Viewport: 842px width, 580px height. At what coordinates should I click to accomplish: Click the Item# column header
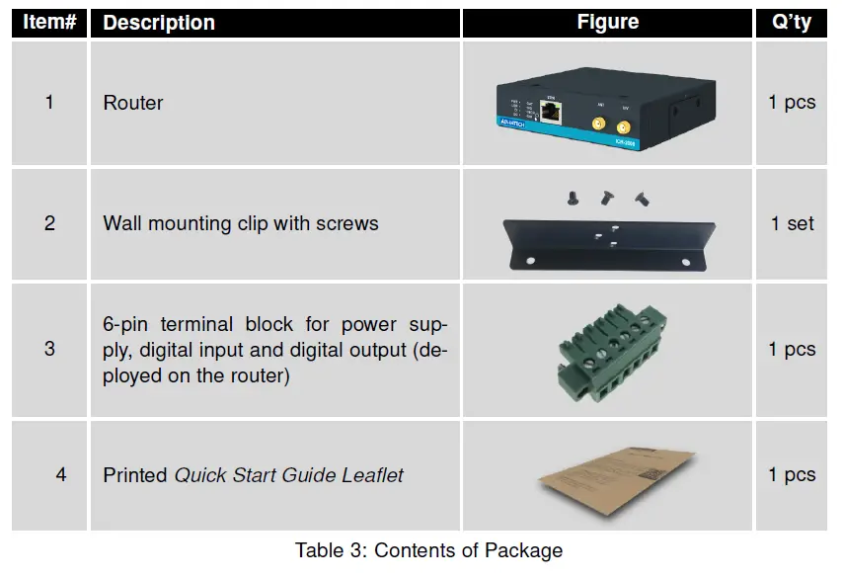pos(49,22)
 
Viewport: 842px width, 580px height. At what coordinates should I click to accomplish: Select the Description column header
pos(159,22)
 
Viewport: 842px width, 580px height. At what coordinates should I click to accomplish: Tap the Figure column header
pos(607,22)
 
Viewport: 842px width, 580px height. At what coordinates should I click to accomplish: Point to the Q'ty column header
pos(792,22)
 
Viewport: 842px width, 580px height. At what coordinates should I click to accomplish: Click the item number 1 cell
pos(50,102)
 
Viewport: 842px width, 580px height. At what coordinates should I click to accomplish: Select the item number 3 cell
pos(50,349)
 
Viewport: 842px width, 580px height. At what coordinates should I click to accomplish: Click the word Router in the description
pos(133,103)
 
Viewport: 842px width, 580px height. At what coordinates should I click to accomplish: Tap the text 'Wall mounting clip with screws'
pos(240,223)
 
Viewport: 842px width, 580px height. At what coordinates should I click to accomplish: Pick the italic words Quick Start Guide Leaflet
pos(289,475)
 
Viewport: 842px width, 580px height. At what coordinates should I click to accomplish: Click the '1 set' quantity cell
pos(792,223)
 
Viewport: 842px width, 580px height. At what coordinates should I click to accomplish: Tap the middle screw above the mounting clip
pos(604,197)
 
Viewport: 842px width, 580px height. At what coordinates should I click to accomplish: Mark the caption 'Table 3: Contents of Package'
pos(428,551)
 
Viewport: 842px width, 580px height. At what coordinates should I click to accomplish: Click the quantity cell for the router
pos(792,103)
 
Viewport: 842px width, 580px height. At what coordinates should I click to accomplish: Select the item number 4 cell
pos(61,475)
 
